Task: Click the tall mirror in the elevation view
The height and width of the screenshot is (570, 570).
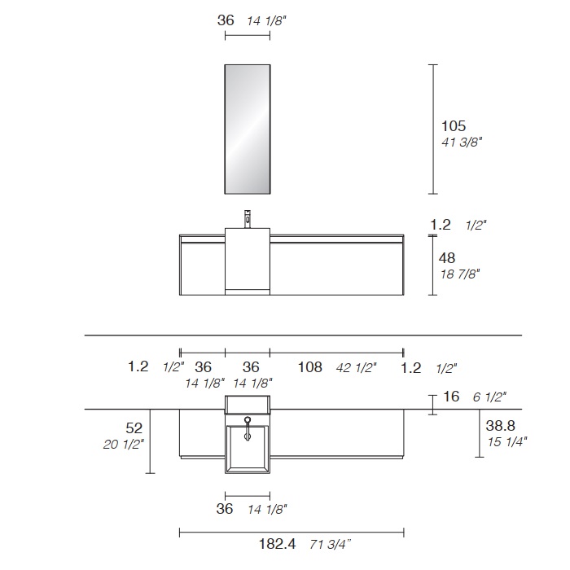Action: click(248, 129)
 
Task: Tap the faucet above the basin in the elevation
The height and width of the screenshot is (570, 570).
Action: click(248, 219)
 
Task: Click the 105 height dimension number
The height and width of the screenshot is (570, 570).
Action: click(454, 126)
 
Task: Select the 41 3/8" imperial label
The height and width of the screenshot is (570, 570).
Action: click(462, 142)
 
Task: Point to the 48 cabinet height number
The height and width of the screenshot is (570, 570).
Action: click(447, 258)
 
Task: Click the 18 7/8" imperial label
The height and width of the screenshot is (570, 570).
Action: click(460, 274)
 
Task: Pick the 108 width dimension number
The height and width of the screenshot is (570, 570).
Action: click(310, 367)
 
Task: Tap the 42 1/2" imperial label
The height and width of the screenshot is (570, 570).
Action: click(357, 368)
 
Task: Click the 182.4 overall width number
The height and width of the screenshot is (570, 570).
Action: click(277, 544)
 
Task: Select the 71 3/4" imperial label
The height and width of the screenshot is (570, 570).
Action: click(331, 545)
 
